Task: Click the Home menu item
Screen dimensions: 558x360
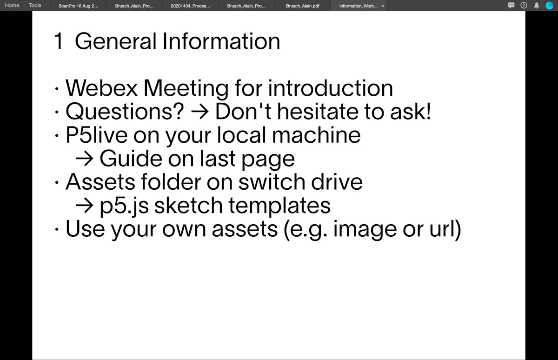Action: click(x=12, y=5)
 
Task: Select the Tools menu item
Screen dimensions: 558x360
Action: click(x=35, y=5)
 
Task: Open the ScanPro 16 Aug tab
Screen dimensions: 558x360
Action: click(x=79, y=6)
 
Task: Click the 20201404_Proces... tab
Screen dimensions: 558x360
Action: click(x=191, y=6)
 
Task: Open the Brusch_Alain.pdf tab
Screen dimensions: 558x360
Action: click(x=303, y=6)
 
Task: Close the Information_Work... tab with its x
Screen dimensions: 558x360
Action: click(x=383, y=6)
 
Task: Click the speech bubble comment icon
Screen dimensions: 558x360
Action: click(x=511, y=6)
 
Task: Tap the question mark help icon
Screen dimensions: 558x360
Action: click(x=524, y=6)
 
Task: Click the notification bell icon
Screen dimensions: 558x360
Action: click(x=536, y=6)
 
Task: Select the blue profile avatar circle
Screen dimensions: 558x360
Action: click(x=549, y=6)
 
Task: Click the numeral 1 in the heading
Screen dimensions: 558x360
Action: click(x=59, y=41)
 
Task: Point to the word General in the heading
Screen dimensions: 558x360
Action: click(x=116, y=41)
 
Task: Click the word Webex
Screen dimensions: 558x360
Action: click(x=101, y=88)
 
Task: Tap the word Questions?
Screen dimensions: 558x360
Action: click(x=125, y=112)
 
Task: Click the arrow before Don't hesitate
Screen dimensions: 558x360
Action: click(x=199, y=113)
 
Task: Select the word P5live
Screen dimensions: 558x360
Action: click(x=97, y=135)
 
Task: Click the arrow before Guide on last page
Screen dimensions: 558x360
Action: click(x=85, y=159)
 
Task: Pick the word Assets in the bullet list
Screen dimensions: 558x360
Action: click(x=100, y=182)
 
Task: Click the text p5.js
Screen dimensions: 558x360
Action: click(x=124, y=207)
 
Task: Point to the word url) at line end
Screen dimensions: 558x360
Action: click(x=445, y=229)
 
